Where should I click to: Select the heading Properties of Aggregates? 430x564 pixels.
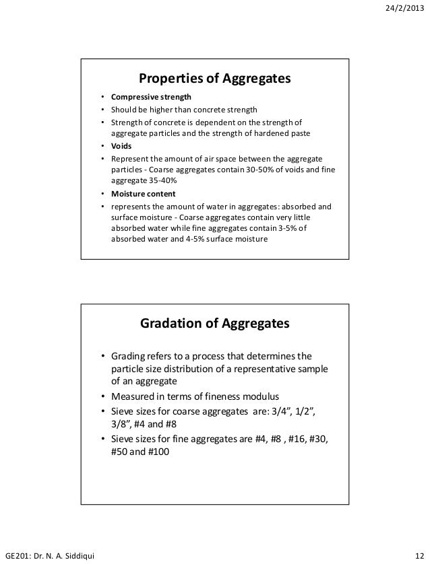click(x=214, y=79)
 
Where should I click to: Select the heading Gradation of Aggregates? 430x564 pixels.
click(x=214, y=324)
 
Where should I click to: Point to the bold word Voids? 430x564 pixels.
click(x=121, y=146)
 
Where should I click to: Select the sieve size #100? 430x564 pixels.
click(x=158, y=453)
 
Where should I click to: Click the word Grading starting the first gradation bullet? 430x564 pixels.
click(x=128, y=355)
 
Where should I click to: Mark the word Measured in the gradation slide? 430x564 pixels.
click(x=132, y=396)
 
